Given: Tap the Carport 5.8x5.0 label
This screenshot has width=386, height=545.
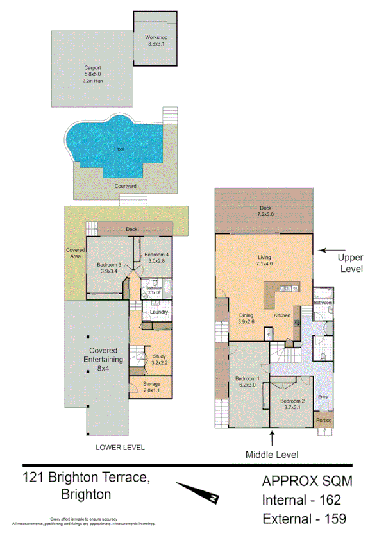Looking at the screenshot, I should pos(92,71).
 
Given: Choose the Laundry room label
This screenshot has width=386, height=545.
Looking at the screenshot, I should pos(158,312).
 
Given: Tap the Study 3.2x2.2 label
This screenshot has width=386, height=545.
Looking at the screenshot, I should pos(159,360).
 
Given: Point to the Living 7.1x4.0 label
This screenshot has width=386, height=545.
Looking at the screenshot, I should pos(264,260).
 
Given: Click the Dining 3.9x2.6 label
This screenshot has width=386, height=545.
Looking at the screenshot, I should pos(247,318).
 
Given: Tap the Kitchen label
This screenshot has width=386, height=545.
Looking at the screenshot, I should pos(283,315).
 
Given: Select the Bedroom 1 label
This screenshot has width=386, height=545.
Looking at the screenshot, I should pos(247,382).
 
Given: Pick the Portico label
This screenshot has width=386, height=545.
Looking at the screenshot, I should pos(324,421).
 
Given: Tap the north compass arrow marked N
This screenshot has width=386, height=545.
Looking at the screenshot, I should pos(199,493).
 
